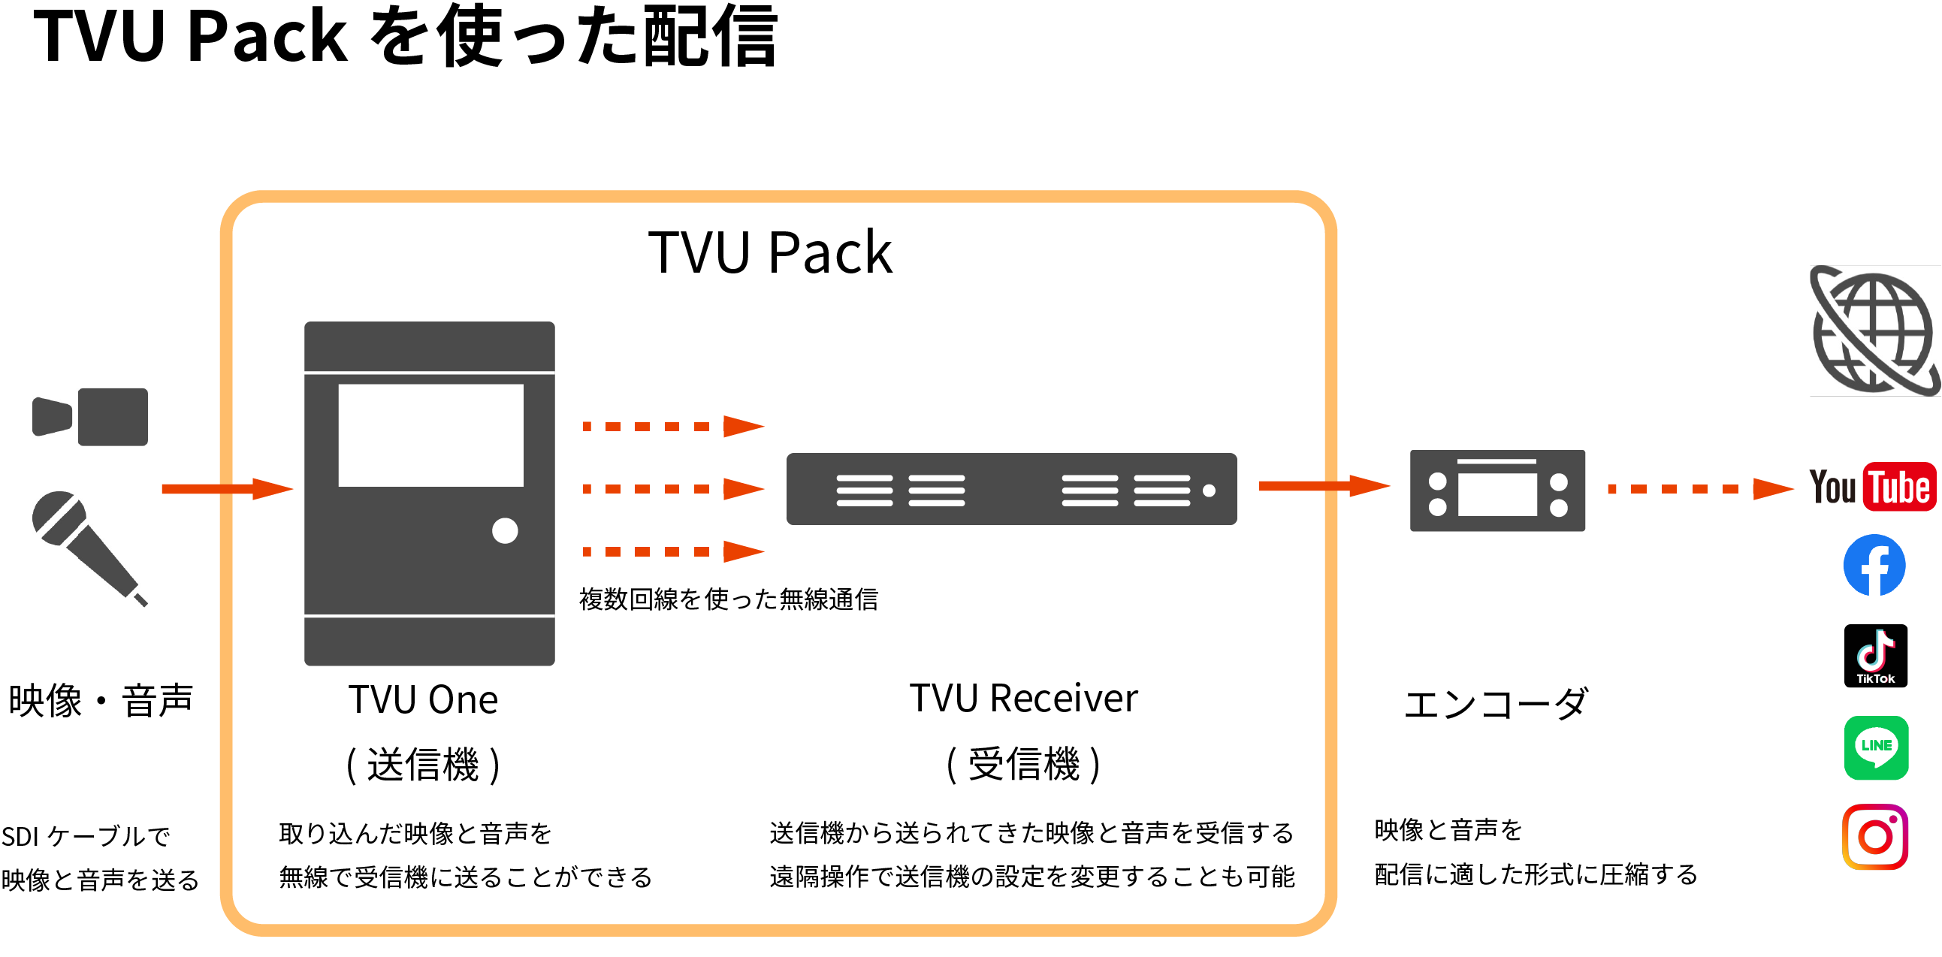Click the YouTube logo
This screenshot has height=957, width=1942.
pyautogui.click(x=1873, y=487)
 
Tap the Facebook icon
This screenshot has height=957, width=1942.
pyautogui.click(x=1874, y=565)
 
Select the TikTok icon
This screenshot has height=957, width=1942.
pyautogui.click(x=1876, y=655)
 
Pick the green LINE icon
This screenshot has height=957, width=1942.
pyautogui.click(x=1876, y=747)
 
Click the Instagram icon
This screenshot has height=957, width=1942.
pyautogui.click(x=1875, y=836)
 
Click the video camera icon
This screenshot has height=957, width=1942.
pyautogui.click(x=90, y=417)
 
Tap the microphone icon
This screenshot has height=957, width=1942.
pyautogui.click(x=86, y=546)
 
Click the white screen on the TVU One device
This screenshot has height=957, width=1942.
pyautogui.click(x=430, y=436)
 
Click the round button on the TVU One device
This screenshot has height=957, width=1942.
pyautogui.click(x=504, y=530)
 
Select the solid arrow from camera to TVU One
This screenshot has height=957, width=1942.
pyautogui.click(x=226, y=489)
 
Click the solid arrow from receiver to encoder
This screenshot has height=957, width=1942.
pyautogui.click(x=1323, y=486)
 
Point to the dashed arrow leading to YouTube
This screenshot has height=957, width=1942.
pyautogui.click(x=1699, y=489)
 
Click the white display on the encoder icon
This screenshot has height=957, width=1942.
pyautogui.click(x=1497, y=494)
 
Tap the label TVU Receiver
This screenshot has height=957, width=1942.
pyautogui.click(x=1023, y=698)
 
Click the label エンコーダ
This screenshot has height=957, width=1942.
pyautogui.click(x=1496, y=704)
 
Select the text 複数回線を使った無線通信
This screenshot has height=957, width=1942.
pyautogui.click(x=728, y=600)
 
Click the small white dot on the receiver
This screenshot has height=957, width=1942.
pyautogui.click(x=1209, y=491)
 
